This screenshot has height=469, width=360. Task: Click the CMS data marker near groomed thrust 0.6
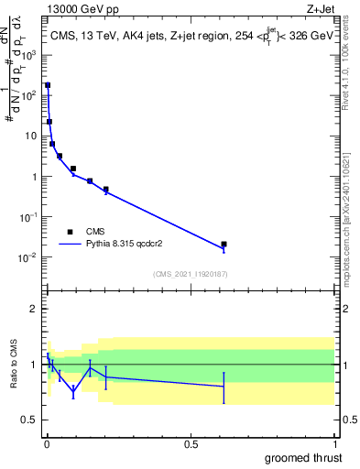(224, 245)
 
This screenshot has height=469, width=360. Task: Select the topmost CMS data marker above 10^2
(48, 85)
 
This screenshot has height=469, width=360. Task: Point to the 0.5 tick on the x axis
(191, 443)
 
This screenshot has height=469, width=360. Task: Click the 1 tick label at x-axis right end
(334, 443)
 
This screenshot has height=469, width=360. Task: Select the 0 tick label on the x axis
(47, 443)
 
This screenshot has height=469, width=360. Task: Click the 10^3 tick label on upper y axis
(29, 55)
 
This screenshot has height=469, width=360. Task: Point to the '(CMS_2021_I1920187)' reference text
(190, 273)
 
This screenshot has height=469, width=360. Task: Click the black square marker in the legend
(70, 232)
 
